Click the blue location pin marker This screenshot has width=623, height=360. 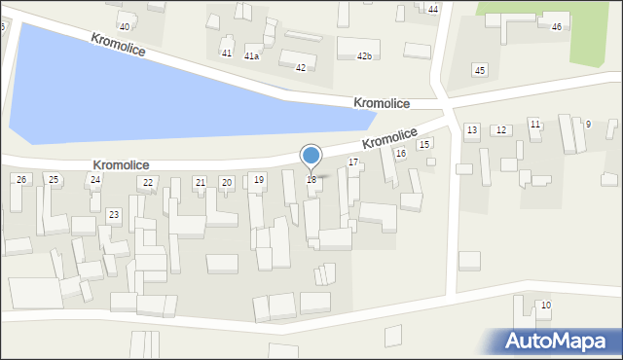[311, 156]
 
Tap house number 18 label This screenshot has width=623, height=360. [311, 180]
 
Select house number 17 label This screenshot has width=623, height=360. [353, 162]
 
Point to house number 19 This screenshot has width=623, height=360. [258, 180]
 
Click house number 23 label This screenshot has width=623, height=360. [114, 214]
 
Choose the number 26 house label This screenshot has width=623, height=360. [21, 180]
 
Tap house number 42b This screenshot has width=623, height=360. [364, 56]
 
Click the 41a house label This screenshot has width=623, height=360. [251, 56]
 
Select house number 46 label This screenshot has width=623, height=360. [557, 27]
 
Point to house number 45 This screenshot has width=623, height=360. [479, 70]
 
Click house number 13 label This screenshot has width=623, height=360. [472, 130]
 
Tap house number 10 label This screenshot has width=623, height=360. [545, 306]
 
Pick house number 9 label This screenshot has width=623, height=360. [588, 125]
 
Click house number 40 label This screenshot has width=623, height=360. [124, 26]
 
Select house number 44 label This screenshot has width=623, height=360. [433, 9]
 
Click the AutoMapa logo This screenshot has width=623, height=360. [560, 341]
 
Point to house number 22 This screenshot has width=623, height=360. [148, 183]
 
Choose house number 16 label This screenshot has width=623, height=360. [400, 154]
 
